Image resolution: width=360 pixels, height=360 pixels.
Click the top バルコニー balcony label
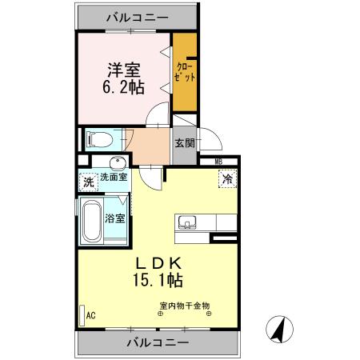pos(135,15)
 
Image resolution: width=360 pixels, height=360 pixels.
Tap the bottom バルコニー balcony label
pos(158,342)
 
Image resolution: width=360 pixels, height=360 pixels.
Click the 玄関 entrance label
pos(185,143)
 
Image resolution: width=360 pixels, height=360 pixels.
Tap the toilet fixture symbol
pos(98,138)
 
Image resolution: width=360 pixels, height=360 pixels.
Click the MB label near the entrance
pos(218,161)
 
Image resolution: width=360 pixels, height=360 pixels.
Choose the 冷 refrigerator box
pos(227,180)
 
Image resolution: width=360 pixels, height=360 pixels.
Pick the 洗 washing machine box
pos(88,182)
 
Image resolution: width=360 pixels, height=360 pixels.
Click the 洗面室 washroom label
pos(113,177)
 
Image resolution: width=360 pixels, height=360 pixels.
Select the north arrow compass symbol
pos(279,328)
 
